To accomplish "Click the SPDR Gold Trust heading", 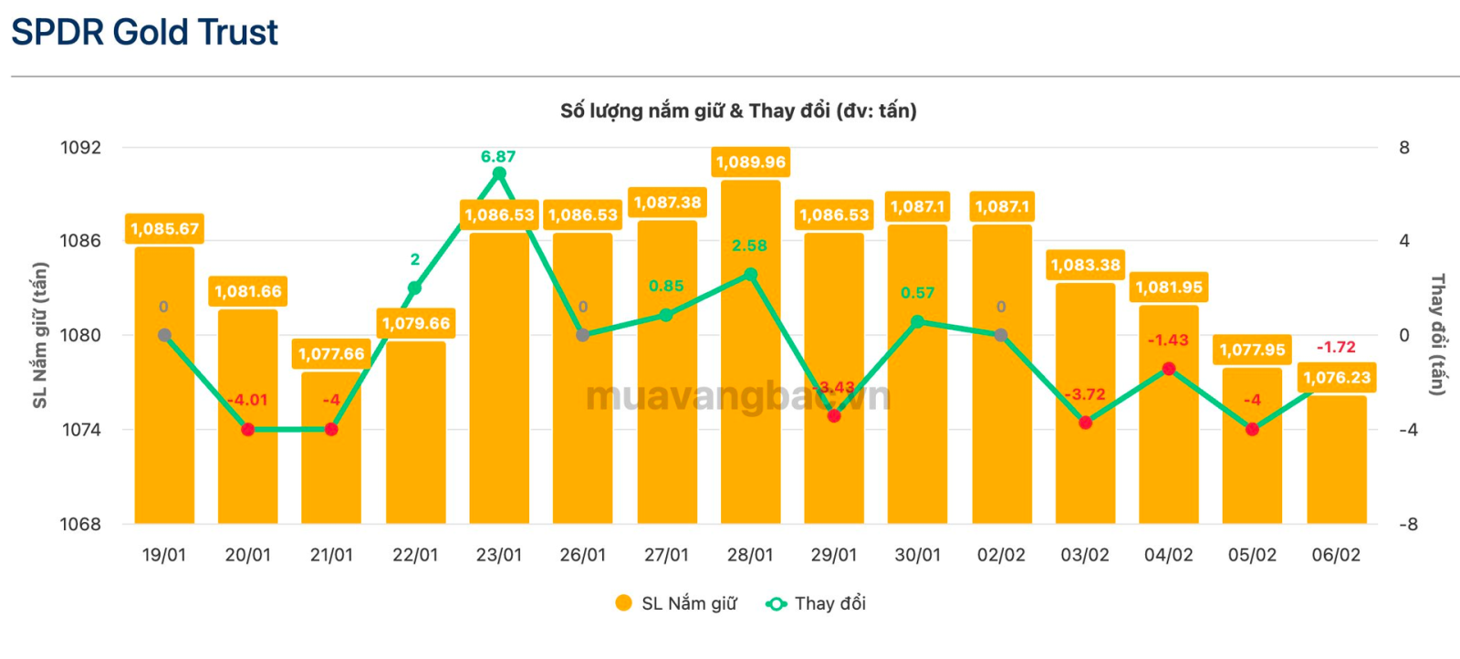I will [x=144, y=33].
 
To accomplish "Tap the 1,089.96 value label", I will [x=750, y=162].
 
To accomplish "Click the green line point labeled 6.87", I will [x=499, y=173].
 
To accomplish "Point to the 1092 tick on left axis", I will [x=80, y=148].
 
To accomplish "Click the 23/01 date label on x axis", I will [x=499, y=555].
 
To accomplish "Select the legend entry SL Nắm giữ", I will [x=676, y=603].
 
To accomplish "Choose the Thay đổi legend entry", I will [x=817, y=603].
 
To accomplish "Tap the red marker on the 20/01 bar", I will [x=248, y=429].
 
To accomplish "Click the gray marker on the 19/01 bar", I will [x=164, y=335].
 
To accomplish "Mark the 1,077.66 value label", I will [x=331, y=354].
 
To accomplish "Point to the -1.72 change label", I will [x=1336, y=347].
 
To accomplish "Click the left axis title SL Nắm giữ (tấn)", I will [x=40, y=335].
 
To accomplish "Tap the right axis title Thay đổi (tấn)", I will [x=1437, y=335].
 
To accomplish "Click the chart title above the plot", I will [x=738, y=111].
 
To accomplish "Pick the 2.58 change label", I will [x=749, y=246].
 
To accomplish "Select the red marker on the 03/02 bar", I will [x=1085, y=423].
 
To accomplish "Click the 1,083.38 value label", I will [x=1085, y=266].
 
